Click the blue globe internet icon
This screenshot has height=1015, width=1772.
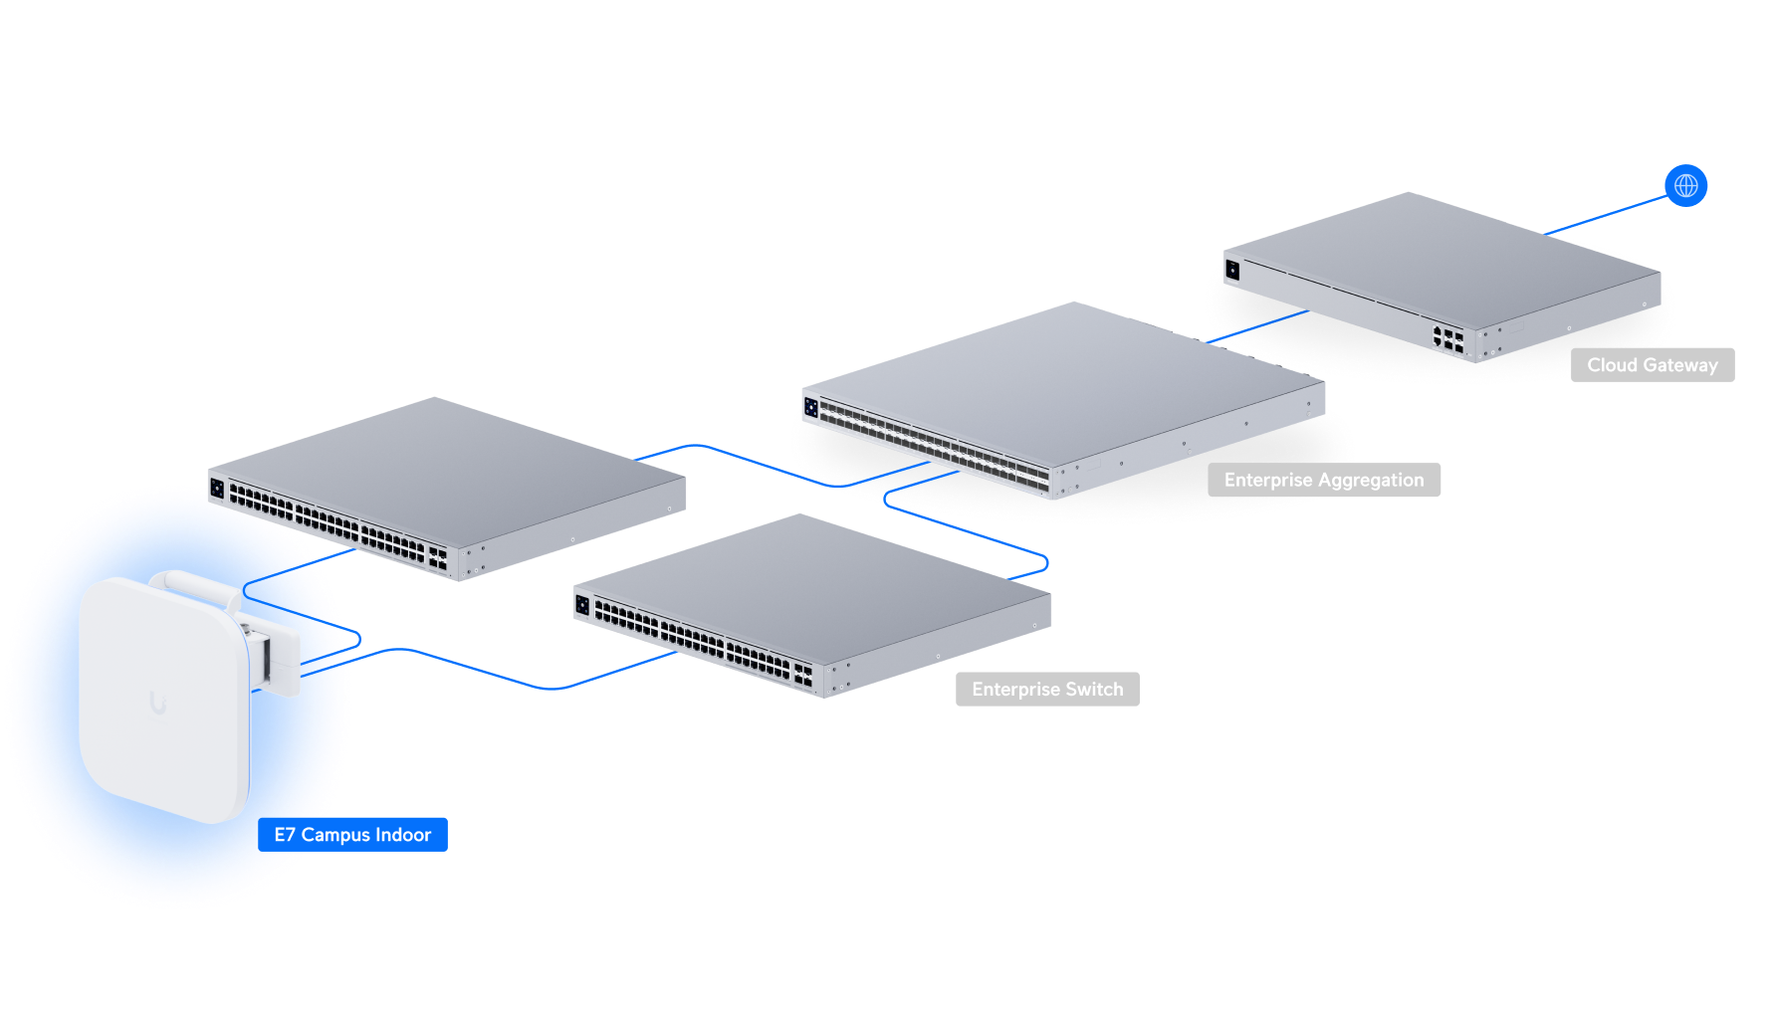click(1685, 185)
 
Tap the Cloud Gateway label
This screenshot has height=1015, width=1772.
click(1652, 365)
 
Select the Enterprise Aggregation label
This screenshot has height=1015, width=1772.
click(1323, 480)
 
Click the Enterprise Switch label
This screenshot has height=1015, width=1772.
click(1046, 690)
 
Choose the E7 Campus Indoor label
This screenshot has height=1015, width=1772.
click(352, 835)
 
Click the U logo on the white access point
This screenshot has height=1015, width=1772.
click(157, 704)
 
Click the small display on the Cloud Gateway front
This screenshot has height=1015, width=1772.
click(1232, 270)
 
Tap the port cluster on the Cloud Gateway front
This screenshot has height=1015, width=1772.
click(1447, 338)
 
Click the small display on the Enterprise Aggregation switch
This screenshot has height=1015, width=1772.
click(811, 407)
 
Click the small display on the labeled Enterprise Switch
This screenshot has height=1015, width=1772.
click(582, 604)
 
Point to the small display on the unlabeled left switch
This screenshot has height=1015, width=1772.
click(217, 488)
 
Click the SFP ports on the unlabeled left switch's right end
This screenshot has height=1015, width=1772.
click(437, 557)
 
